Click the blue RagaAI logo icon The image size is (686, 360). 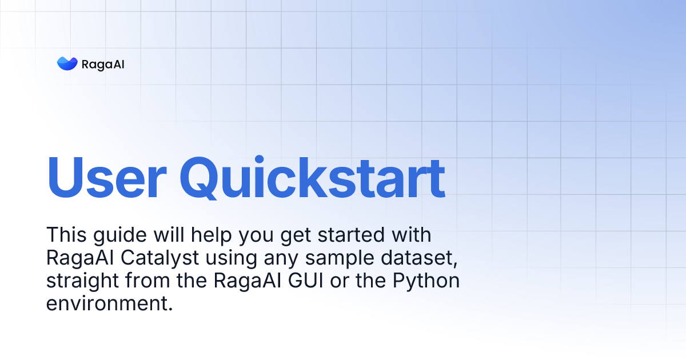67,63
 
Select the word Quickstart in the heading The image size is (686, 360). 312,177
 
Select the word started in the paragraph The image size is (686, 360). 350,235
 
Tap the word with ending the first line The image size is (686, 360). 412,235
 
